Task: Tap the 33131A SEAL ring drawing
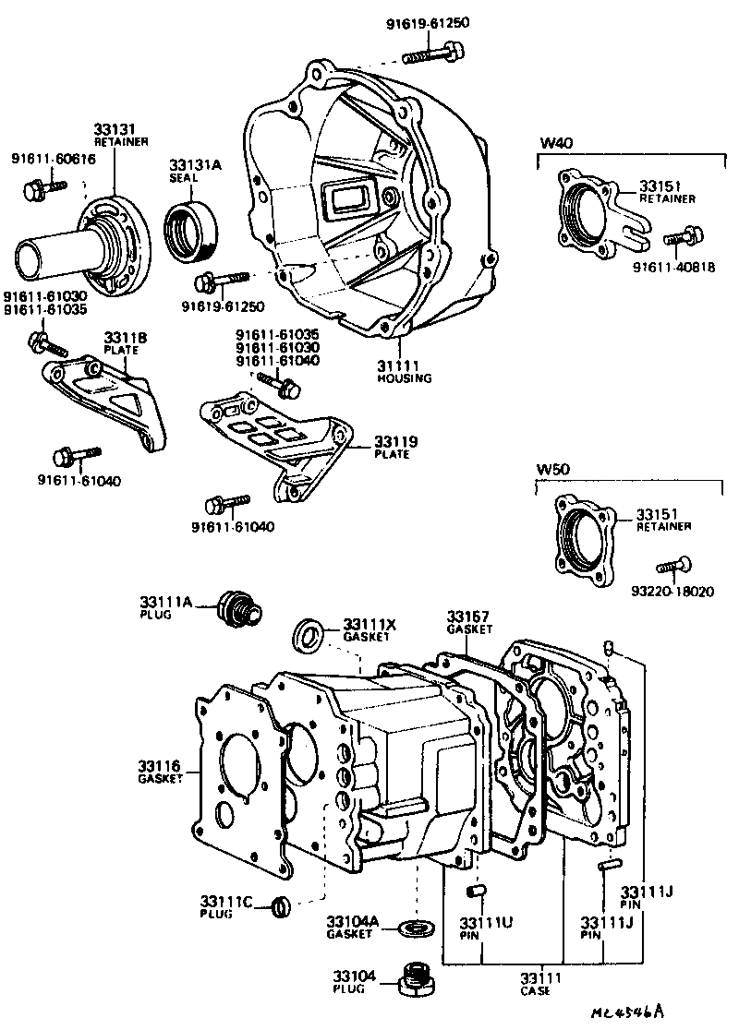(192, 228)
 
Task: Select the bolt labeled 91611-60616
(42, 189)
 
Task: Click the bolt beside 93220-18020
(675, 564)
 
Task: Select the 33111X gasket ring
(309, 636)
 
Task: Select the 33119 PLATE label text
(395, 448)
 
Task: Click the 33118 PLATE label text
(118, 342)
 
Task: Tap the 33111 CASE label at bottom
(533, 984)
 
